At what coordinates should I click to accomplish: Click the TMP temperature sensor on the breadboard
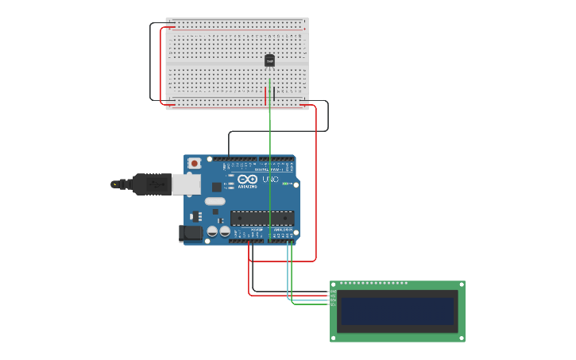269,60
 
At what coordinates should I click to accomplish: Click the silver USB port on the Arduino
186,184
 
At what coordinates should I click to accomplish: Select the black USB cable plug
150,184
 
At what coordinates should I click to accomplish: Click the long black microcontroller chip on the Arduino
262,218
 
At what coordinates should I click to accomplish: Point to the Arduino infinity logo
247,179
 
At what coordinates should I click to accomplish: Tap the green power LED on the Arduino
284,184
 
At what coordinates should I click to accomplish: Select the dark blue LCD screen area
396,311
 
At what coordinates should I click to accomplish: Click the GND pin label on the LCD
334,291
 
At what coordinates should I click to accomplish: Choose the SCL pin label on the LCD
334,304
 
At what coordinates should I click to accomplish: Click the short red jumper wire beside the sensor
265,95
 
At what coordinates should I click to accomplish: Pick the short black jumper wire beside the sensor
275,94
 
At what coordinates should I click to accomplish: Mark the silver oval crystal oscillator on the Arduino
215,201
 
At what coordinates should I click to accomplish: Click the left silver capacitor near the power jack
212,231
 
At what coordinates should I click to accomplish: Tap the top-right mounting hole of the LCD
461,285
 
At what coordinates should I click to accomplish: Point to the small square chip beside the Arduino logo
217,187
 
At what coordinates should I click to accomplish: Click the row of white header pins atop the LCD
373,283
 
